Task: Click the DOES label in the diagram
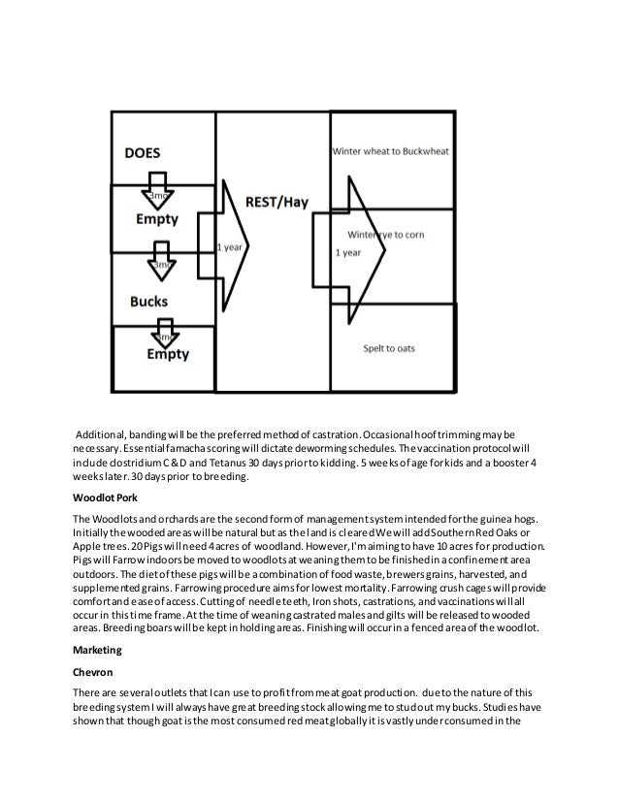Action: coord(142,153)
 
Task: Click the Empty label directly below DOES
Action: coord(155,219)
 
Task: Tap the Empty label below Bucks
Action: coord(168,355)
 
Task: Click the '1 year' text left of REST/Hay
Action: coord(229,247)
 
